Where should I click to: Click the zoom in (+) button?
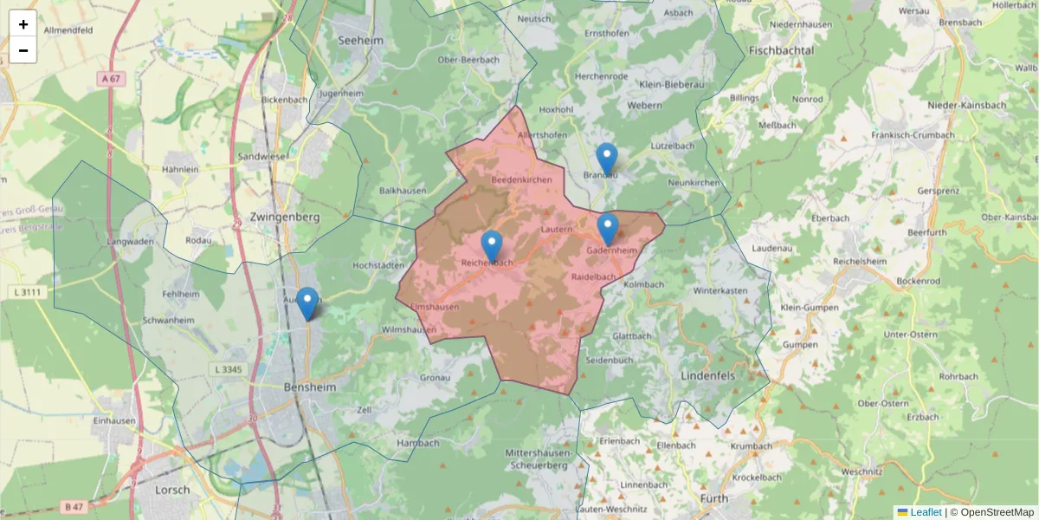click(23, 24)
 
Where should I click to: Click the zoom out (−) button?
click(23, 50)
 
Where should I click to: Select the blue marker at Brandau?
click(607, 159)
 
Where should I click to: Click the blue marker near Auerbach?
click(307, 303)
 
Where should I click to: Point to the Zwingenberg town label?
click(284, 217)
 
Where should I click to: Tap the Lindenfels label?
click(707, 375)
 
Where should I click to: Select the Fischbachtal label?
click(782, 51)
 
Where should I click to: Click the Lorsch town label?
click(172, 490)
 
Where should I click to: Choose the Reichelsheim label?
click(862, 261)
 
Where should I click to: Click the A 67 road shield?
click(108, 79)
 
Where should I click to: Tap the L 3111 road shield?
click(29, 292)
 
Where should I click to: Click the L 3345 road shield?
click(227, 369)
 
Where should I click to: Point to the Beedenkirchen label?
click(521, 179)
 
